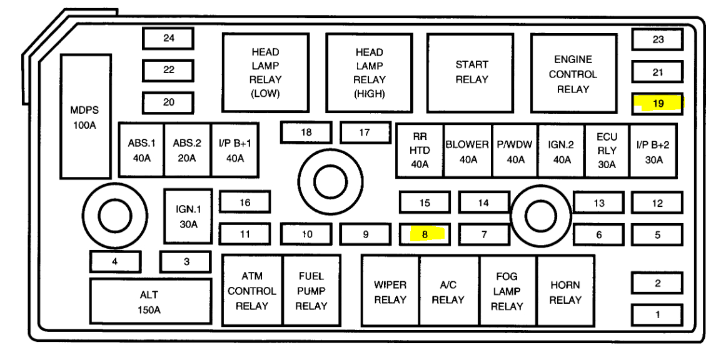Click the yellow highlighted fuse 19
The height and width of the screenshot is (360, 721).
click(657, 104)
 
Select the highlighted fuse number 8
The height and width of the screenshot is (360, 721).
click(425, 235)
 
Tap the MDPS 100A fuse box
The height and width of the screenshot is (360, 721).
click(84, 117)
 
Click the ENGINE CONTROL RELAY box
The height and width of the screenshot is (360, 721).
click(573, 74)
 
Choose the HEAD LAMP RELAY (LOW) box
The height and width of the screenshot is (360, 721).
click(266, 73)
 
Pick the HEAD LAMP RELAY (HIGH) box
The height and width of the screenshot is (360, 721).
click(370, 73)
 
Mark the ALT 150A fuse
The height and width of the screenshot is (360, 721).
click(149, 302)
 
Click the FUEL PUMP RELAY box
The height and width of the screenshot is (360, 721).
click(311, 291)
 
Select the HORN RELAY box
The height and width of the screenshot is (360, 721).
click(565, 291)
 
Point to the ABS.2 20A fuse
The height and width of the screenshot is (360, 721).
click(187, 150)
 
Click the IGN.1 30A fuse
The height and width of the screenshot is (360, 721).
click(188, 216)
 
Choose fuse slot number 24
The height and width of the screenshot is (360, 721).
click(168, 39)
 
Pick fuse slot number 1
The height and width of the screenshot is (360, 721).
click(657, 314)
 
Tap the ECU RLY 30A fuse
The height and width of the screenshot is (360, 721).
click(607, 151)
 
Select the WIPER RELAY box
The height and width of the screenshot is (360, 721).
click(390, 291)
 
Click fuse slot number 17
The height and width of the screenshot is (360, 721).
click(365, 132)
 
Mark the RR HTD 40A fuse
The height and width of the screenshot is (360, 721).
click(420, 151)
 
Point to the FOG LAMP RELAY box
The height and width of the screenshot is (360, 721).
click(507, 291)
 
